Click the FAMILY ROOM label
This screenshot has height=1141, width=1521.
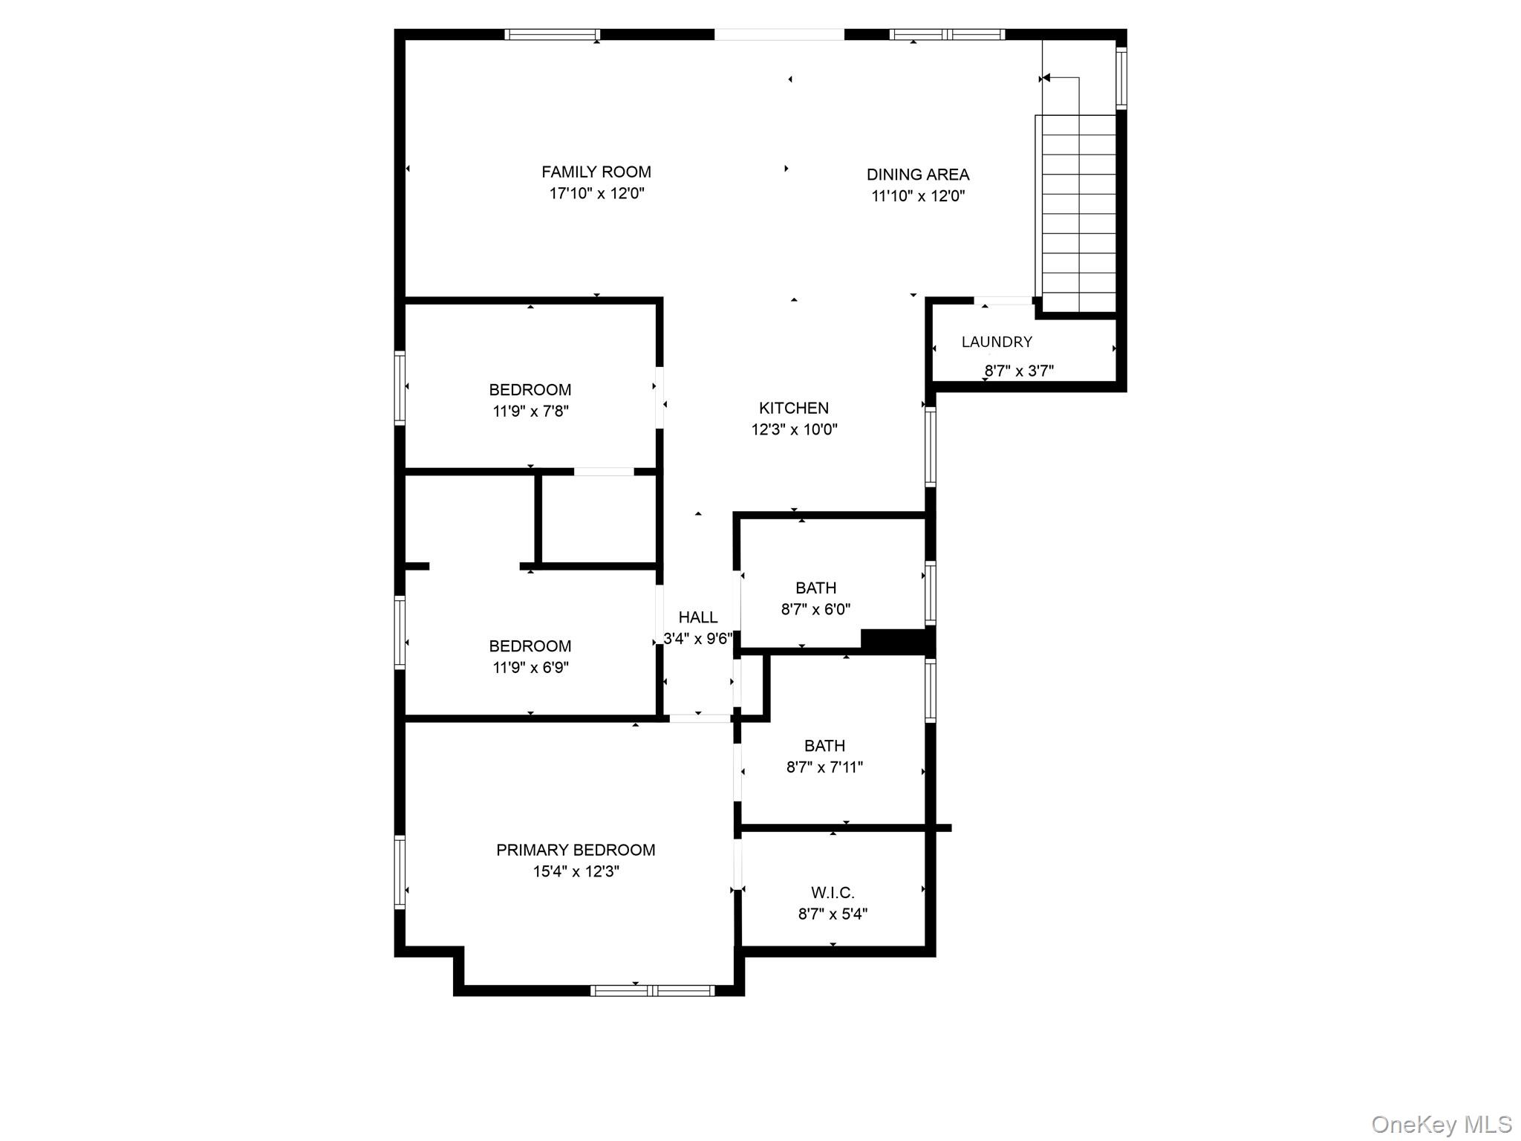click(x=596, y=172)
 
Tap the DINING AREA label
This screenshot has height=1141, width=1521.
click(x=918, y=175)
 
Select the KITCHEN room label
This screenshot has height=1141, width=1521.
click(x=793, y=408)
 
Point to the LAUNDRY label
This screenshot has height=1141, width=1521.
click(x=997, y=342)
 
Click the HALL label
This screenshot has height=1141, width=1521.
click(x=697, y=617)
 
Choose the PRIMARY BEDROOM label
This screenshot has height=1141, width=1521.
click(x=576, y=850)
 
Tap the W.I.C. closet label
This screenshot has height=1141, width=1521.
click(x=833, y=893)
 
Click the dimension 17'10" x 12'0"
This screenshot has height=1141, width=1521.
click(x=596, y=194)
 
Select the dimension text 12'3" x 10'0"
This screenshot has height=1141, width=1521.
click(x=794, y=429)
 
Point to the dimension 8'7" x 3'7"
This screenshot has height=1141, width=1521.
click(x=1019, y=371)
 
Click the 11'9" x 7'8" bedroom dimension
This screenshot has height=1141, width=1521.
click(x=530, y=411)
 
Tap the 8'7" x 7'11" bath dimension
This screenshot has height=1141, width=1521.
click(x=824, y=767)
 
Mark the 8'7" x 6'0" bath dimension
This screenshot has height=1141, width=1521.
click(x=815, y=609)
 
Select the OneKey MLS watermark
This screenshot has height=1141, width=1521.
click(x=1441, y=1124)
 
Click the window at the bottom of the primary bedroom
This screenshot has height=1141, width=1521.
click(x=652, y=990)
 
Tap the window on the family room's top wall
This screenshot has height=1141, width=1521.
click(x=552, y=34)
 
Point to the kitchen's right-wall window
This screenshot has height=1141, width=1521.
click(x=930, y=448)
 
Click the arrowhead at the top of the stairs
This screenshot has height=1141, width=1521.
click(x=1046, y=77)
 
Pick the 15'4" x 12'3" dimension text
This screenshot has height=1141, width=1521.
click(x=576, y=871)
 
